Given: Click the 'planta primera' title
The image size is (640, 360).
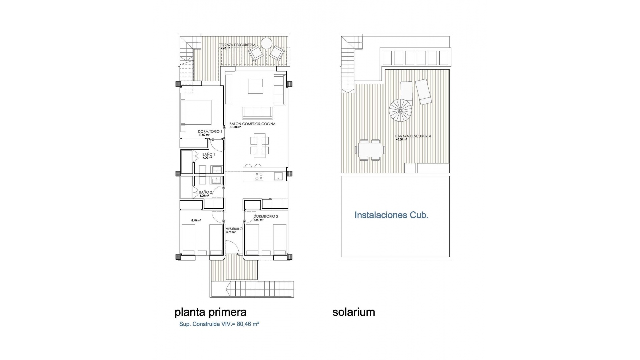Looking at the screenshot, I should click(210, 312).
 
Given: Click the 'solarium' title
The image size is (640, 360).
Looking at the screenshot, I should click(354, 312).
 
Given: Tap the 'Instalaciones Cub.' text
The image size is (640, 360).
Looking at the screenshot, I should click(391, 215).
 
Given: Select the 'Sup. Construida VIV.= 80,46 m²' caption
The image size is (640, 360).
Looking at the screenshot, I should click(219, 324).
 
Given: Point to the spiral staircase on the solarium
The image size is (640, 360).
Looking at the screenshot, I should click(400, 111).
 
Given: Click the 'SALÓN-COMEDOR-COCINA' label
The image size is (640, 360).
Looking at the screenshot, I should click(252, 124).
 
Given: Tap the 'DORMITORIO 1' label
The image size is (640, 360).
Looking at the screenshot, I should click(210, 132).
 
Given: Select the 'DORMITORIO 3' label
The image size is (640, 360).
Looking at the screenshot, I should click(266, 216).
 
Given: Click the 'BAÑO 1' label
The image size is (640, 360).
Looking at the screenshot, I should click(208, 155).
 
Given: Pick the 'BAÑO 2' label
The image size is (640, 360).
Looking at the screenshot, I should click(205, 192).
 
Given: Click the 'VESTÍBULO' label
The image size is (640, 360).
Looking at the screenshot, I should click(234, 229).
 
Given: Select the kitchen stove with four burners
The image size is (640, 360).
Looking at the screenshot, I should click(259, 176).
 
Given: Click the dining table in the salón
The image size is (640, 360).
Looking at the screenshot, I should click(260, 146).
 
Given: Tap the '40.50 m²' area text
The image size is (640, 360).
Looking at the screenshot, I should click(401, 140).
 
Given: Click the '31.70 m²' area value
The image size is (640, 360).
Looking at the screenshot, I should click(235, 127).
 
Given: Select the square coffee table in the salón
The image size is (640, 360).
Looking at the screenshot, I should click(255, 86).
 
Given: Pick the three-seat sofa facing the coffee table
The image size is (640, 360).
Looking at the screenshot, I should click(258, 113).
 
